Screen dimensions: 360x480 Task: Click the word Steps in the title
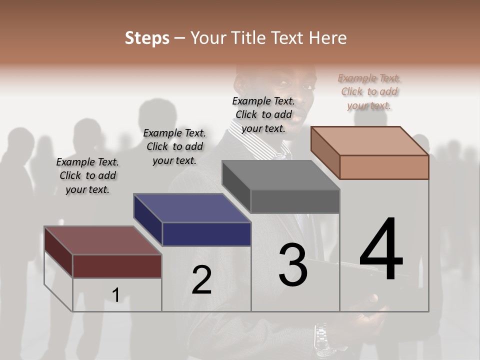146,38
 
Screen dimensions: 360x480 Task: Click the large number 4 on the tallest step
381,250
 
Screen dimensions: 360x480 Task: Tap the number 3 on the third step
293,265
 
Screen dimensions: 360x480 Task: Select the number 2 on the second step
201,280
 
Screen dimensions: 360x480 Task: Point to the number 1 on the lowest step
115,295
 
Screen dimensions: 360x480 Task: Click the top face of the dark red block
102,240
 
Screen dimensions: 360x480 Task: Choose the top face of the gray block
280,175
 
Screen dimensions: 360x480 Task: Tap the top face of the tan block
369,141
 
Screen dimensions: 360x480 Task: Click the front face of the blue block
206,234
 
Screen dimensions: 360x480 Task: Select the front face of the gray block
295,201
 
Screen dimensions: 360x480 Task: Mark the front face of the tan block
384,167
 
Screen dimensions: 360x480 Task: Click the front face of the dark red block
117,266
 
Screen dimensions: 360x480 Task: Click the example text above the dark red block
87,175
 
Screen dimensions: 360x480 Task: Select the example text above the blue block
174,146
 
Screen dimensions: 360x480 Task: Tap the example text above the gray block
263,114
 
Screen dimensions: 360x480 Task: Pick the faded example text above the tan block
369,91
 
